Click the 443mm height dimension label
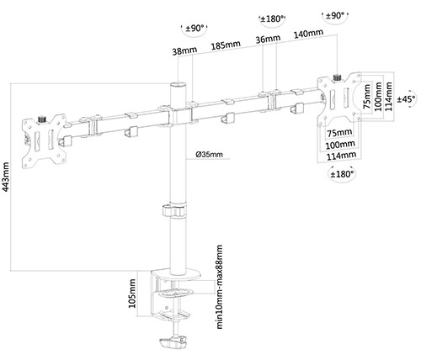pyautogui.click(x=6, y=177)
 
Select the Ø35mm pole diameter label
pyautogui.click(x=209, y=154)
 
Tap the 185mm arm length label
pyautogui.click(x=226, y=45)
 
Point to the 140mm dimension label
pyautogui.click(x=308, y=34)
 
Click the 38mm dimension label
pyautogui.click(x=184, y=51)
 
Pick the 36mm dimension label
pyautogui.click(x=268, y=40)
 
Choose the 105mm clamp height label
pyautogui.click(x=132, y=294)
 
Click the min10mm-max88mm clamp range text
pyautogui.click(x=219, y=287)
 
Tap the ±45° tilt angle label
pyautogui.click(x=407, y=99)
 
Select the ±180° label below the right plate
pyautogui.click(x=342, y=174)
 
